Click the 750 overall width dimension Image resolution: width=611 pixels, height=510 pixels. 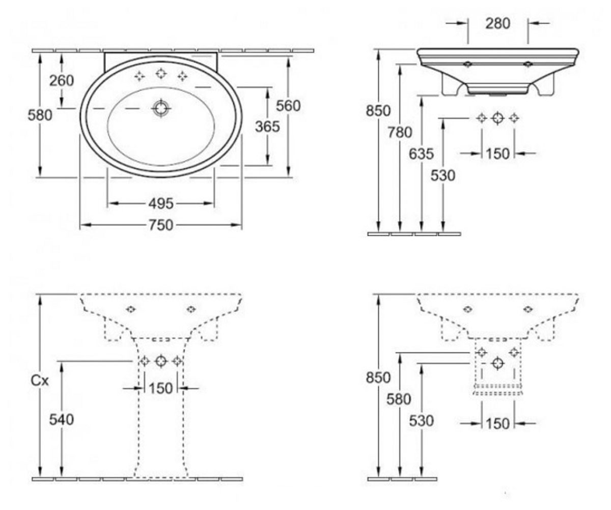[161, 225]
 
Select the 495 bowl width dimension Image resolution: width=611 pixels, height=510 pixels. [161, 203]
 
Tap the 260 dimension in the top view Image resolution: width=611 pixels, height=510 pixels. [62, 81]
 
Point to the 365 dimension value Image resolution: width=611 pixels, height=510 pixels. [267, 126]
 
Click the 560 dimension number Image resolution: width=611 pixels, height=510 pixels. [288, 106]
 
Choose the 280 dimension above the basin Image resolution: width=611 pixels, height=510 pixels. [498, 23]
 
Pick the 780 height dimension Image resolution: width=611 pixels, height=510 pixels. [400, 132]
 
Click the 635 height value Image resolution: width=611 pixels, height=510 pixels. [421, 154]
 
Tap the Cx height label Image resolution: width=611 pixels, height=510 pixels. [40, 381]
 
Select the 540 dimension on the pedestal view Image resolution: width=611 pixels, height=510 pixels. [62, 419]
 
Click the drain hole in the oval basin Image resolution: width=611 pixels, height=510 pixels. [161, 108]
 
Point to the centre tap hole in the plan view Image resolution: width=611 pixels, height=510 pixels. [161, 73]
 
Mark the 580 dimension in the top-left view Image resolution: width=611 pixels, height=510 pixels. [40, 115]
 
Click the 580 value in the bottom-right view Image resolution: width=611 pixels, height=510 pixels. [399, 399]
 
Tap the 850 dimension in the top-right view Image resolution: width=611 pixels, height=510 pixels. [378, 111]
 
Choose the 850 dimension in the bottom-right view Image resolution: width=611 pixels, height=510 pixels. [378, 377]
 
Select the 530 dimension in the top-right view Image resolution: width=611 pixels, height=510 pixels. [443, 175]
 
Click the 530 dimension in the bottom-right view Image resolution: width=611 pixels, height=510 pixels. [421, 421]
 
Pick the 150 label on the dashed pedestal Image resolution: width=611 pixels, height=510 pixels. [161, 389]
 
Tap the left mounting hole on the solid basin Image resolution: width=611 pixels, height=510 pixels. [467, 64]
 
